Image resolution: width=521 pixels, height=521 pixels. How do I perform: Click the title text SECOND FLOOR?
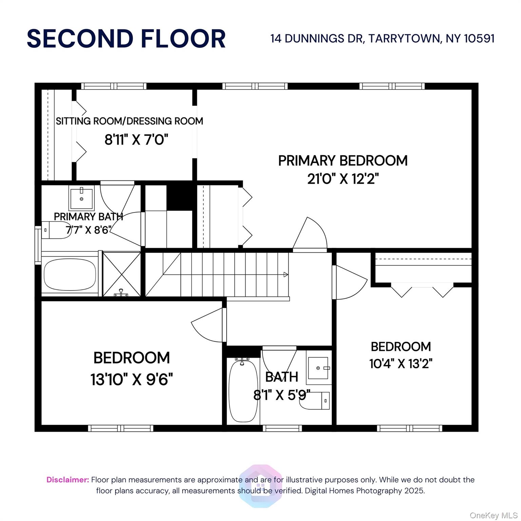[126, 38]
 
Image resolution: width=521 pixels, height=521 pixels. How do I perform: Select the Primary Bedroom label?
[343, 160]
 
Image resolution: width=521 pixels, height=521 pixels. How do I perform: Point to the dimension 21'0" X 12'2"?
[343, 178]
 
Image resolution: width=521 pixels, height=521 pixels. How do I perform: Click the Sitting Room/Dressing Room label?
[130, 121]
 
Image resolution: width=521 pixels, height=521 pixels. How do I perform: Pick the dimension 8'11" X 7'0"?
[136, 139]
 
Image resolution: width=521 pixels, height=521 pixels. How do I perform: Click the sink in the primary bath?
[82, 198]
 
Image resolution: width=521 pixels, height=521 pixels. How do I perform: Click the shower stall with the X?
[121, 274]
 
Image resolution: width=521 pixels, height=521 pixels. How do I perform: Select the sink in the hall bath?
[318, 368]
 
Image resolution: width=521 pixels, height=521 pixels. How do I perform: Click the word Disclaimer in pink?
[68, 480]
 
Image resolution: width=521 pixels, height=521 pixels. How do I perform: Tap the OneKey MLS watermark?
[493, 516]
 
